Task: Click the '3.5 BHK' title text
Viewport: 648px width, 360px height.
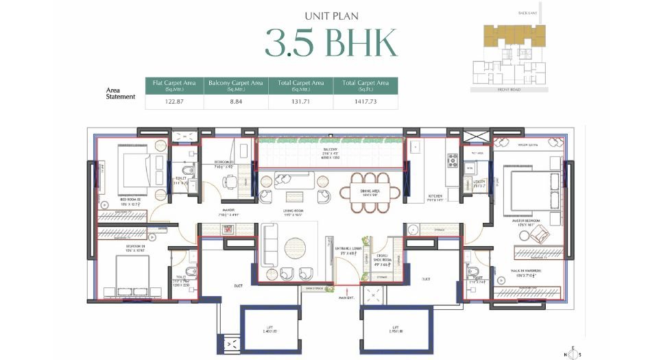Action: coord(331,43)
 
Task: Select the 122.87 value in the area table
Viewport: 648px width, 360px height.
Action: coord(176,101)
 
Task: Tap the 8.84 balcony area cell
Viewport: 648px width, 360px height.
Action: coord(236,101)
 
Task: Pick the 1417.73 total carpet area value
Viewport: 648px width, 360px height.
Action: coord(365,101)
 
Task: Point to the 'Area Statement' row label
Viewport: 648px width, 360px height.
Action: coord(121,93)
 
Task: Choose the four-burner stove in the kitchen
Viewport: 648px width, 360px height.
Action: coord(453,161)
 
